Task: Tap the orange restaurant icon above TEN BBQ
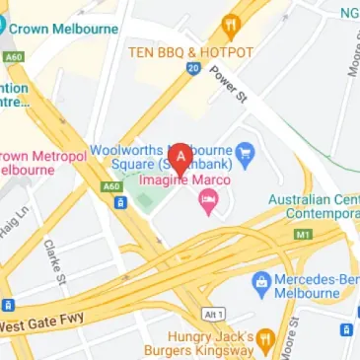pos(232,27)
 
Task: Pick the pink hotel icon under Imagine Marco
pos(208,202)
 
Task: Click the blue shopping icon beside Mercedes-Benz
pos(260,282)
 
